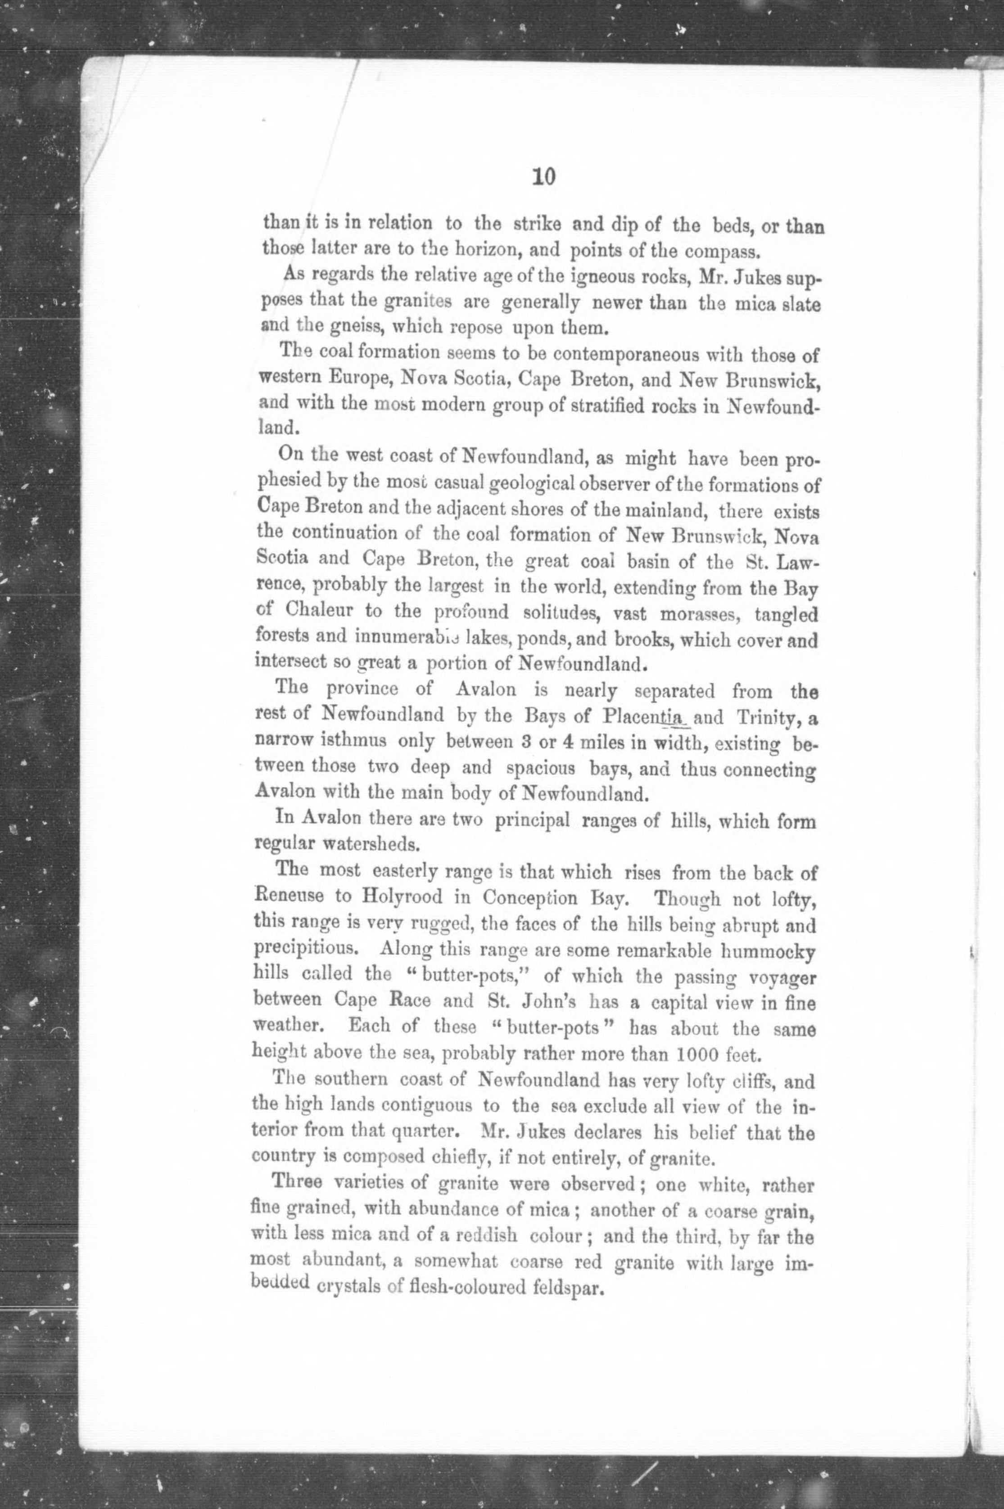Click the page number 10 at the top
(x=543, y=176)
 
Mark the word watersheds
(x=369, y=845)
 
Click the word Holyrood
(x=400, y=897)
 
